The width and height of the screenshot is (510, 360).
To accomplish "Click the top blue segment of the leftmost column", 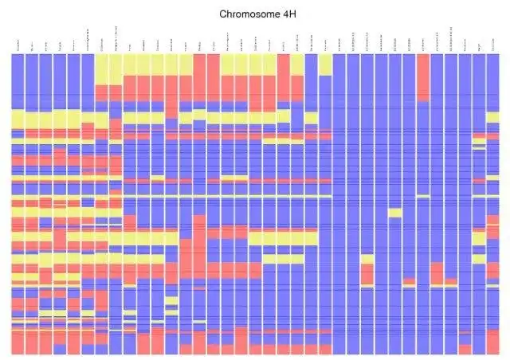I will pos(18,80).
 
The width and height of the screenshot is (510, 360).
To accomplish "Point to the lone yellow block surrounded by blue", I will pos(394,212).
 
